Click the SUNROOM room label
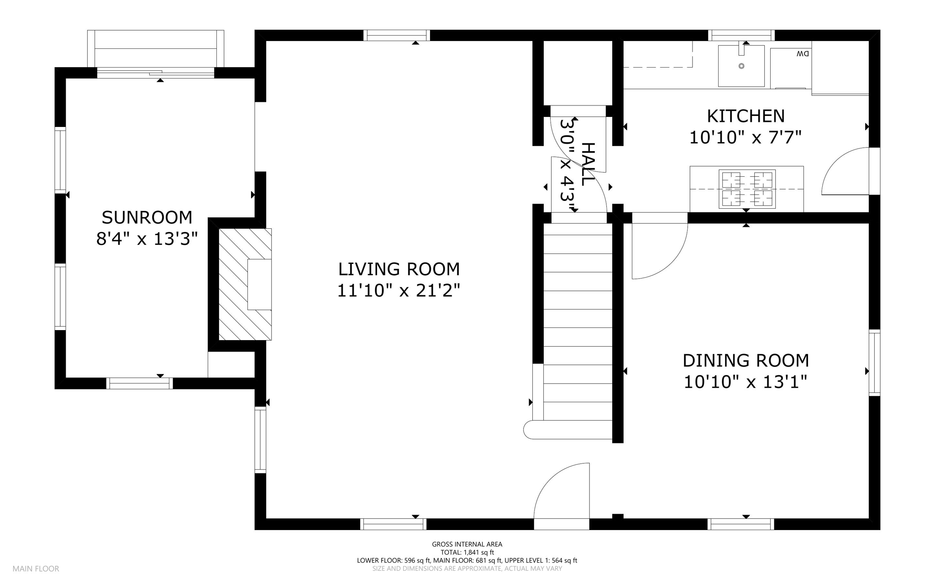click(x=147, y=218)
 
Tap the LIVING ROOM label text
click(x=399, y=269)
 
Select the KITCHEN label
click(x=746, y=116)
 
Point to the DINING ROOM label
click(x=746, y=361)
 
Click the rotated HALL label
click(x=588, y=164)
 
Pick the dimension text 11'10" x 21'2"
click(x=399, y=290)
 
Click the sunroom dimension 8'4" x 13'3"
click(x=147, y=239)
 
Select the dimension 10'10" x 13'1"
click(x=746, y=382)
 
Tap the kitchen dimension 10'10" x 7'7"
click(x=746, y=137)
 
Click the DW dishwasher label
click(x=803, y=54)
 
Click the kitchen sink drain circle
click(x=741, y=66)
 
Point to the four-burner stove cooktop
click(x=747, y=189)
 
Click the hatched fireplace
click(x=245, y=284)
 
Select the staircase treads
click(x=578, y=321)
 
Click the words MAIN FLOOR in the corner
click(x=36, y=569)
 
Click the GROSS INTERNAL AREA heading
click(x=467, y=544)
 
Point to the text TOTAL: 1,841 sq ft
click(x=467, y=552)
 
